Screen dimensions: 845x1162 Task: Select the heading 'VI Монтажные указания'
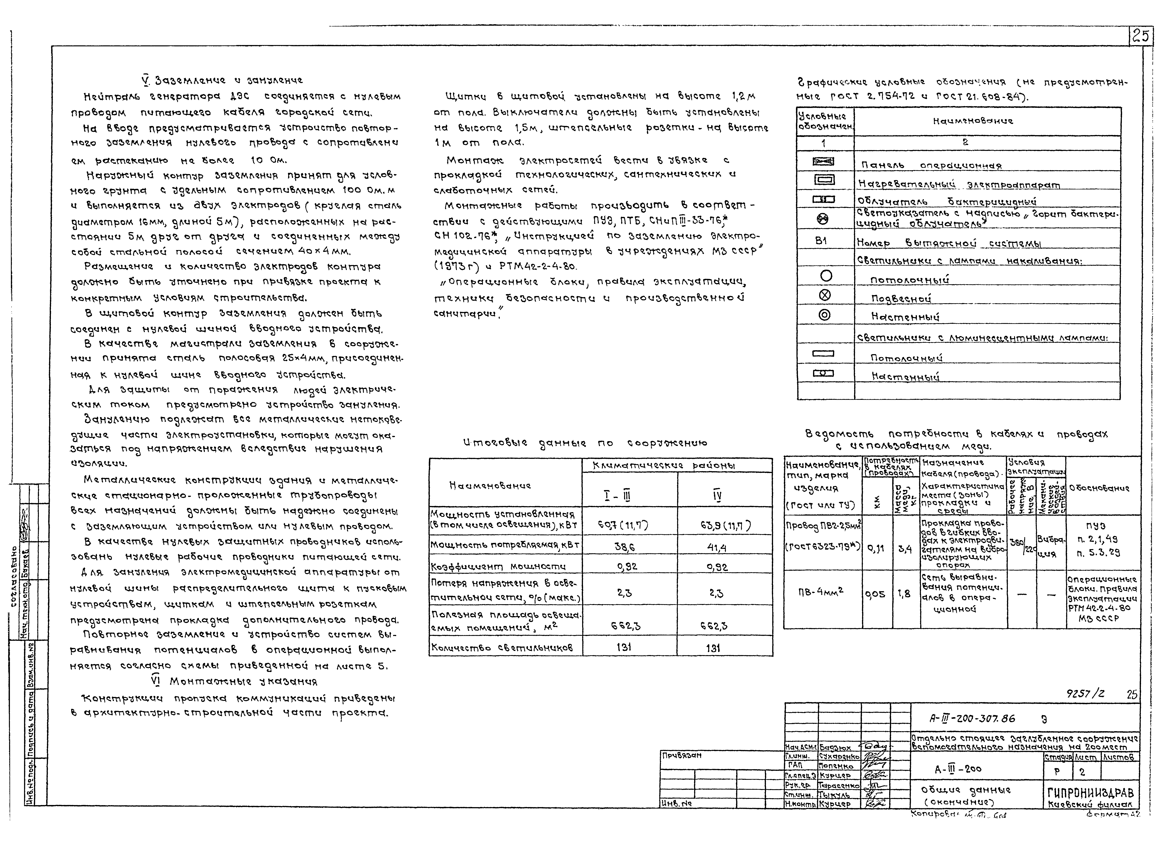pos(235,682)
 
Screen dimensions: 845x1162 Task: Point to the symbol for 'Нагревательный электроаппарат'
pos(823,180)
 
